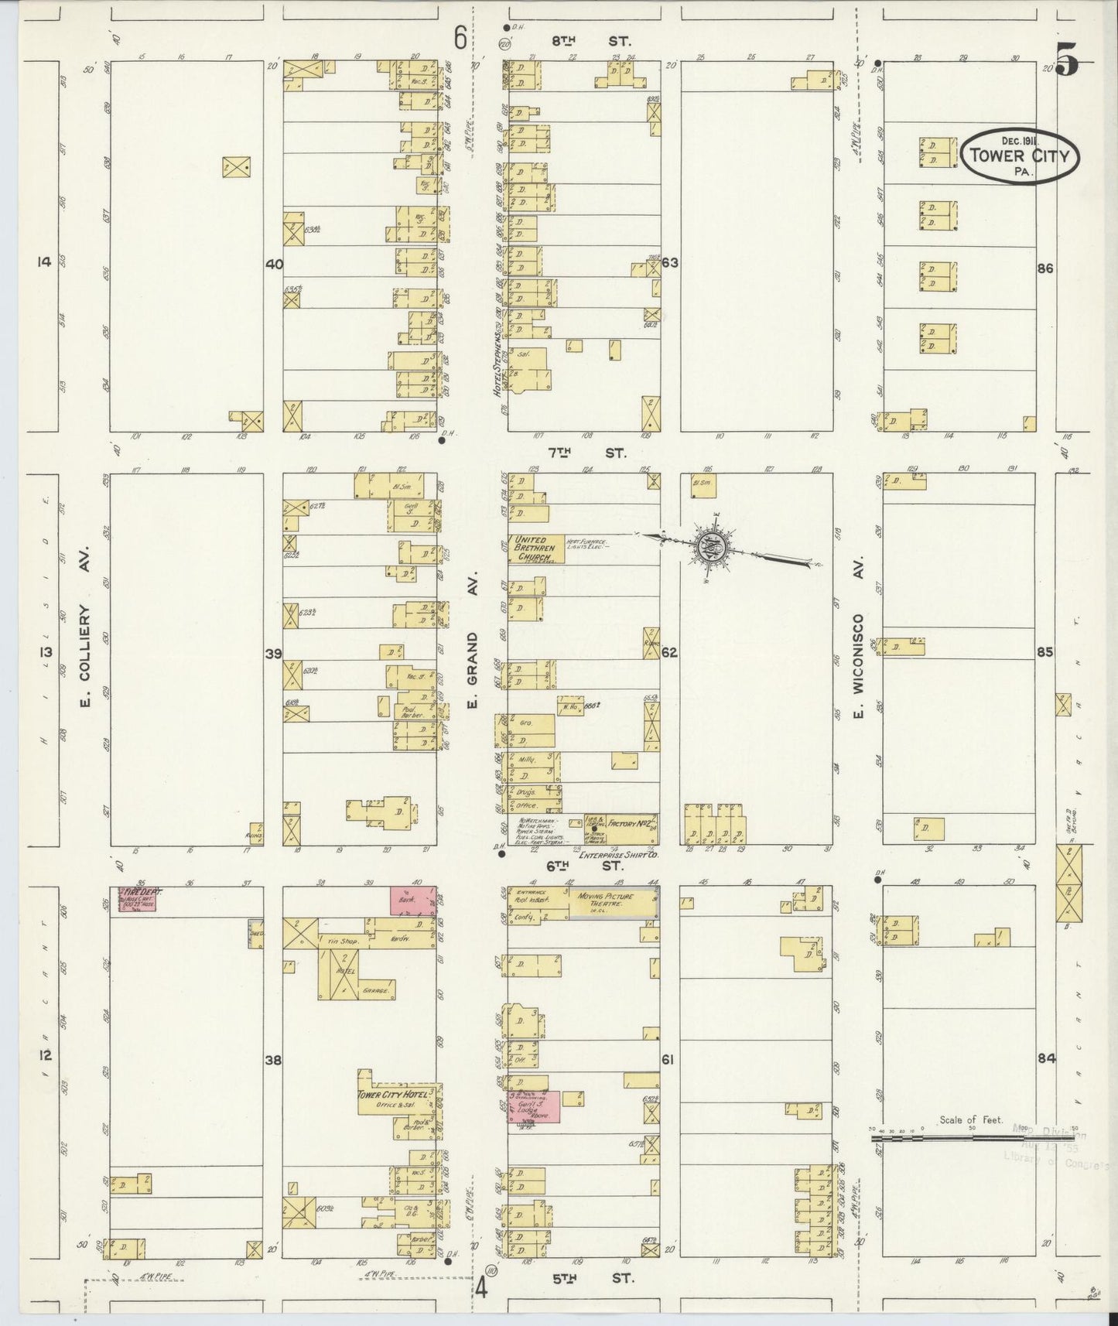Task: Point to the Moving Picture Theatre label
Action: coord(604,900)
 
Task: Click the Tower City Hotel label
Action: coord(391,1095)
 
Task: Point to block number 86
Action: coord(1045,268)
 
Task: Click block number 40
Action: coord(273,264)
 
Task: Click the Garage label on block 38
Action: coord(377,989)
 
